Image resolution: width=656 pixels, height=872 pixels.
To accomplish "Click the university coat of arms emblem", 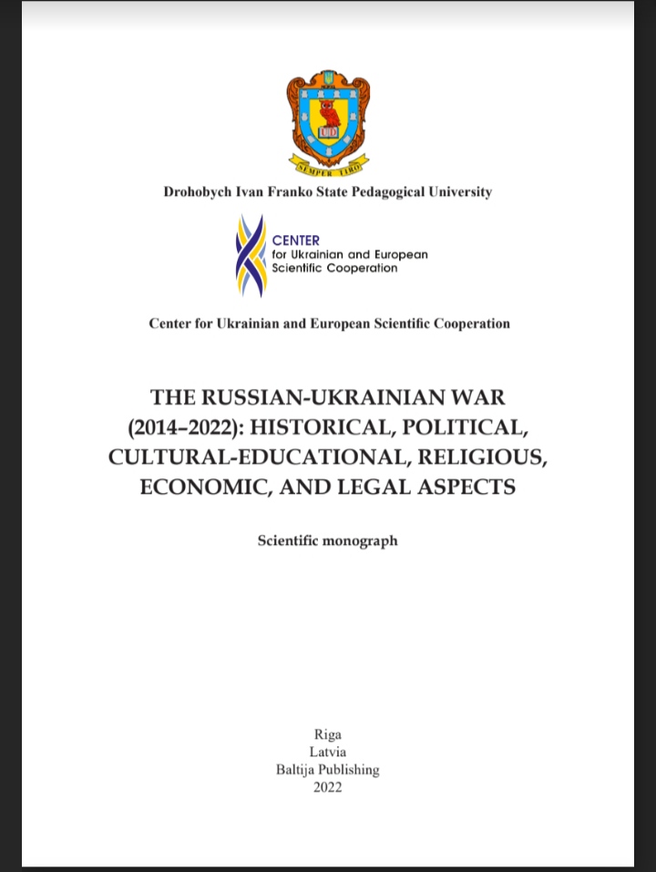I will [328, 118].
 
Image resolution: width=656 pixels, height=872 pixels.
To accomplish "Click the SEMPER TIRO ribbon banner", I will [328, 165].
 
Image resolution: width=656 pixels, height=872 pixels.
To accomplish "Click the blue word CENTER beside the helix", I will [296, 241].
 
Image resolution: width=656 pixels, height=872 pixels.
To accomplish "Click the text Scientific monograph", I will [328, 540].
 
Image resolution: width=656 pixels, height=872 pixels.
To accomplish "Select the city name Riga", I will [328, 734].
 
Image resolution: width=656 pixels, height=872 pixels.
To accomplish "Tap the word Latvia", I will [328, 752].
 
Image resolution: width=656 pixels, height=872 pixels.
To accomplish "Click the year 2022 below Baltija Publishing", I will [328, 787].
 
